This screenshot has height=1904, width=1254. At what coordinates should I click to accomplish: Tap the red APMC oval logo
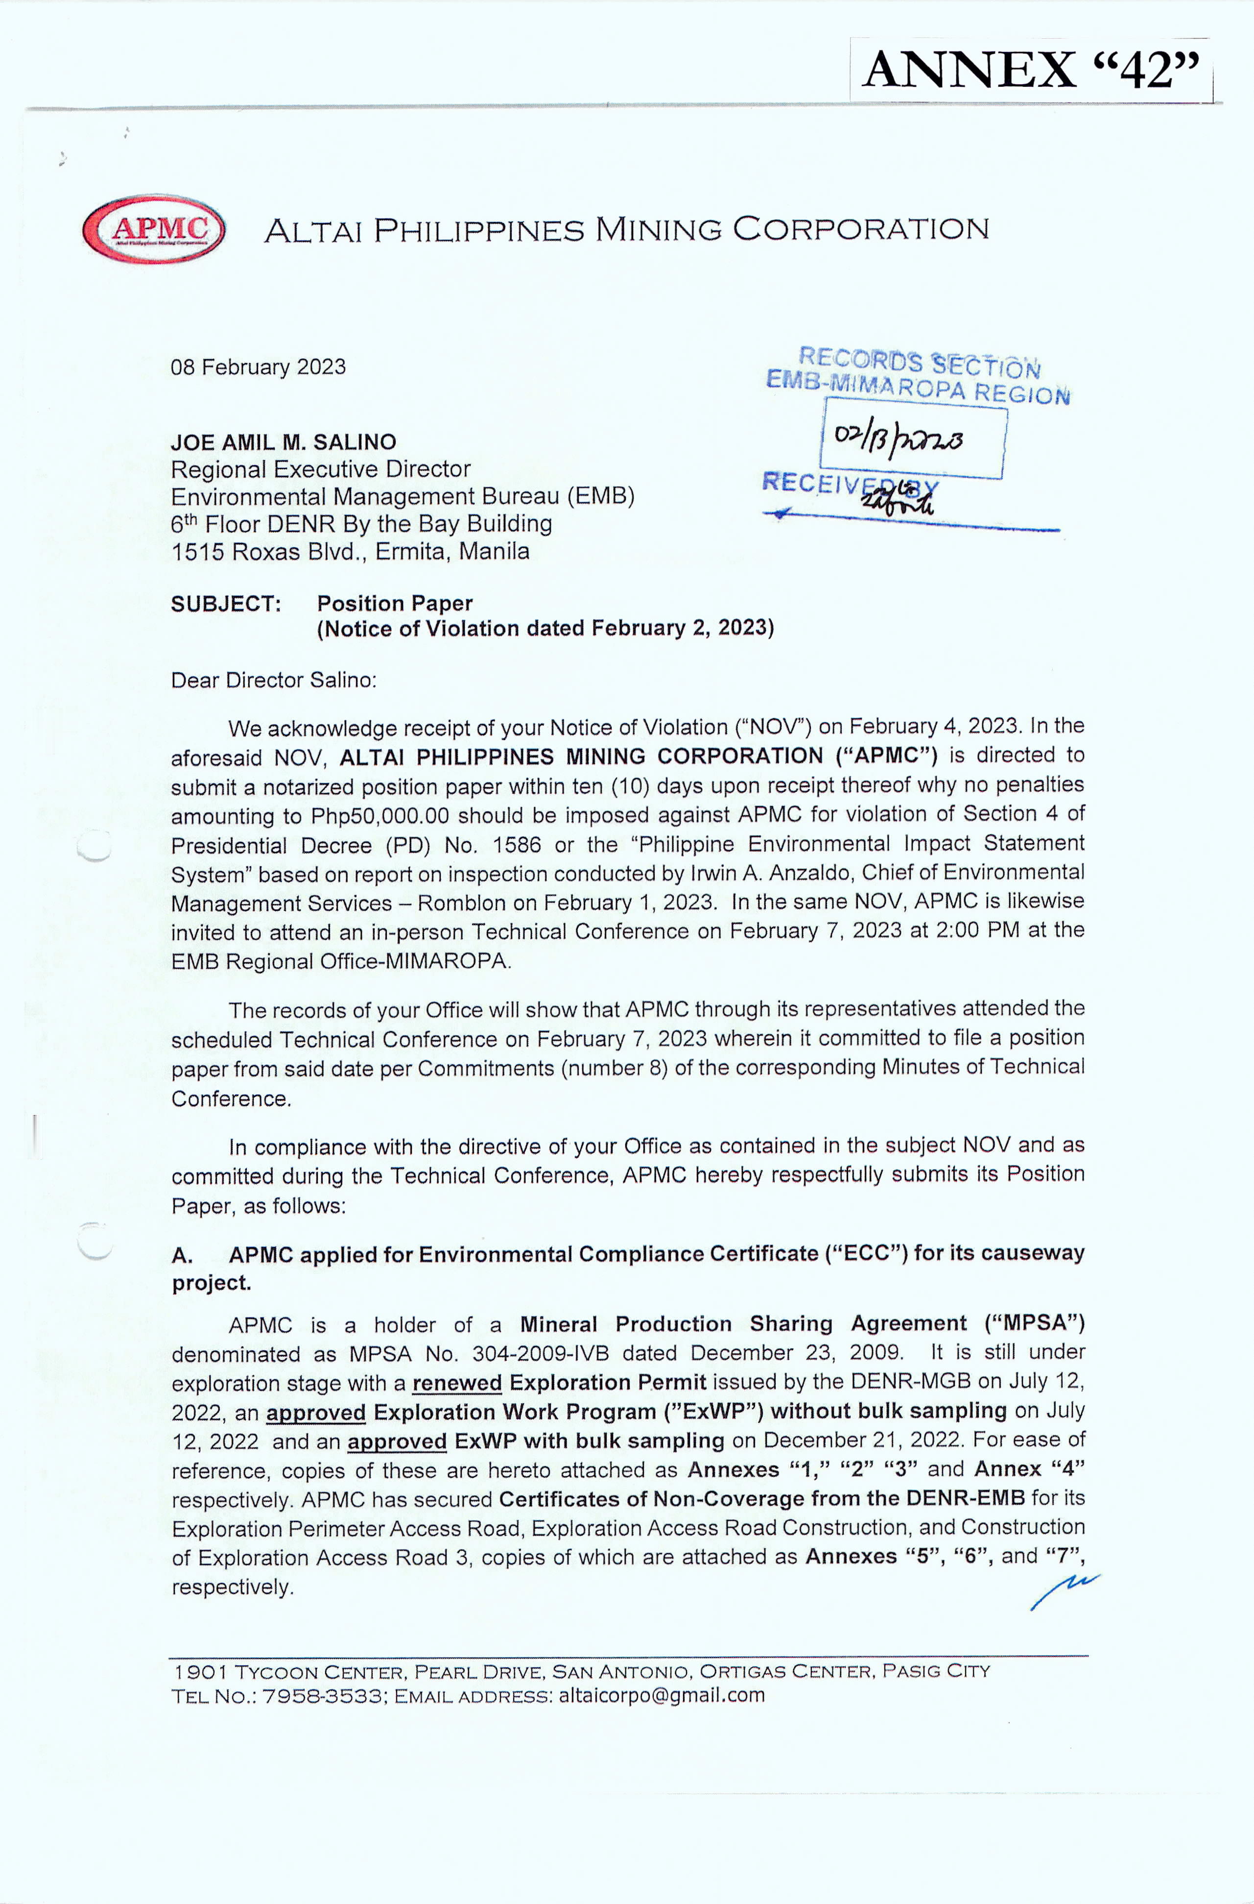click(x=154, y=230)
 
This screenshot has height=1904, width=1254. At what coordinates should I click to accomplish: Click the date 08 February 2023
click(x=258, y=367)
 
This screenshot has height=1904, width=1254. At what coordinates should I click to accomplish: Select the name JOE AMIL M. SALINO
click(x=283, y=442)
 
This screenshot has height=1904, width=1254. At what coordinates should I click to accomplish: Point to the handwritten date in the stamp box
click(x=899, y=439)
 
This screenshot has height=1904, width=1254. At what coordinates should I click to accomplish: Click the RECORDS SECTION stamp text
click(x=920, y=363)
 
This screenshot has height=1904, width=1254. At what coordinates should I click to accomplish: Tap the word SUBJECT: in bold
click(x=226, y=604)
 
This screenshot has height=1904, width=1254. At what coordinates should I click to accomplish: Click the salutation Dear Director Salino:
click(x=274, y=681)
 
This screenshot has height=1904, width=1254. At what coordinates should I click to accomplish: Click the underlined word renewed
click(x=457, y=1383)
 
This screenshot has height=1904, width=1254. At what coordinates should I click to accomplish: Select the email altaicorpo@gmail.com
click(x=662, y=1696)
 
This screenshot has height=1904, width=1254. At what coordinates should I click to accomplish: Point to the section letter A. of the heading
click(x=182, y=1255)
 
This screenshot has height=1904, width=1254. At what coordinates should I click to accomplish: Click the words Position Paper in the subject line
click(x=394, y=604)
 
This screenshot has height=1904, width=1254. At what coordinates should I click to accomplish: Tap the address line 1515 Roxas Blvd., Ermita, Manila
click(x=350, y=552)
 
